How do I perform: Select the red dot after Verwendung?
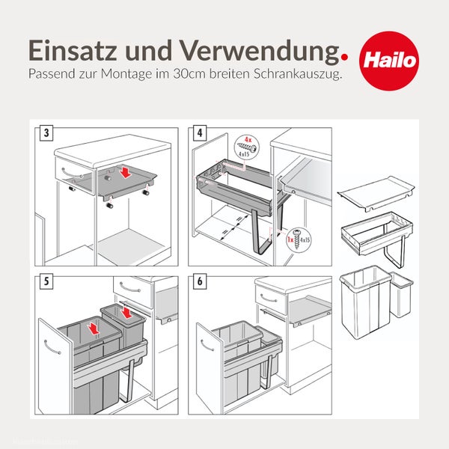(343, 55)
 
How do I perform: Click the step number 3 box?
(47, 134)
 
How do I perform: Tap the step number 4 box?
(198, 134)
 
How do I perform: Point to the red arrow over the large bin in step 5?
(94, 327)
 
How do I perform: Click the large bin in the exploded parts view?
(363, 299)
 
